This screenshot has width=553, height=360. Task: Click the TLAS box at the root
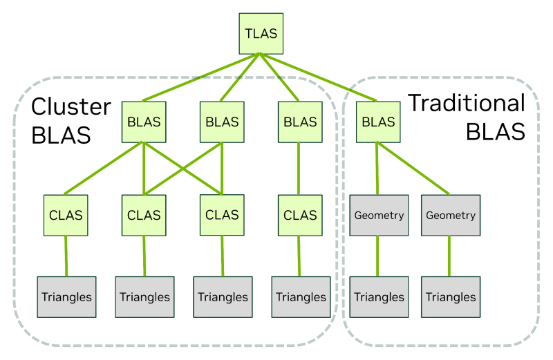260,32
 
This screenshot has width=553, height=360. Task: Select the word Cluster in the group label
71,106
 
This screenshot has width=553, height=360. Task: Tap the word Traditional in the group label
466,103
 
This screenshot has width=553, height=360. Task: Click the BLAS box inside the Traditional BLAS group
378,122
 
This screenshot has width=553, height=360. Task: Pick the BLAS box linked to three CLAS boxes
144,122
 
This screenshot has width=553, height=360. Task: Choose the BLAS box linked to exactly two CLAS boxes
222,122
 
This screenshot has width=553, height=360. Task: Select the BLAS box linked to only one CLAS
300,122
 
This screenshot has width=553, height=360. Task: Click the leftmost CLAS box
66,215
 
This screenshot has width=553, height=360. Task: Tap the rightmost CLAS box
300,215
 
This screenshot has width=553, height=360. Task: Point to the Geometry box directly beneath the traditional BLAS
378,216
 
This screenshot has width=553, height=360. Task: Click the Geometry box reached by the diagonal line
451,216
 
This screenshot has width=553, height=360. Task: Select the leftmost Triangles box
66,297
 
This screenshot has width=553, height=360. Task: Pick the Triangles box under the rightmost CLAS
300,297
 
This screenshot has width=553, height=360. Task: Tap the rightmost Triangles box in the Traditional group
451,297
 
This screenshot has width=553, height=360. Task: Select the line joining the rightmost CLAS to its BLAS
299,169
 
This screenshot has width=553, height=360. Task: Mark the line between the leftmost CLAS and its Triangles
66,256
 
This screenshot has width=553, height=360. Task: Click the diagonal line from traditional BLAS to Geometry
415,170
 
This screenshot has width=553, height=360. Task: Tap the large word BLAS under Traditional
495,131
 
